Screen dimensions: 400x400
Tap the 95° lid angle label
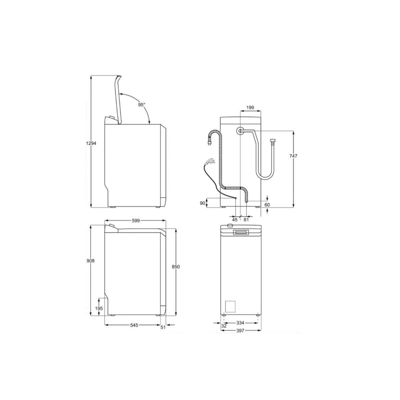pos(142,105)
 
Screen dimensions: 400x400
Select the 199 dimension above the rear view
pos(250,108)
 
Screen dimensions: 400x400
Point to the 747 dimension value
pos(293,156)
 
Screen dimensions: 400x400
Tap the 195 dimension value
pos(99,309)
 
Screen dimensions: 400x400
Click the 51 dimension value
pos(163,327)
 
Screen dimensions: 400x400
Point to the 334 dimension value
pos(240,323)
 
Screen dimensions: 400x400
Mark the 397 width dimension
pos(240,331)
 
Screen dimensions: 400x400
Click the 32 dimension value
pos(224,326)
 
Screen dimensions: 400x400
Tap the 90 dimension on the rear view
pos(202,203)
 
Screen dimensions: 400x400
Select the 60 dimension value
pos(267,205)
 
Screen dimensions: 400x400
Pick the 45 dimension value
pos(235,219)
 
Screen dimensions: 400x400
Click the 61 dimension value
pos(246,219)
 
